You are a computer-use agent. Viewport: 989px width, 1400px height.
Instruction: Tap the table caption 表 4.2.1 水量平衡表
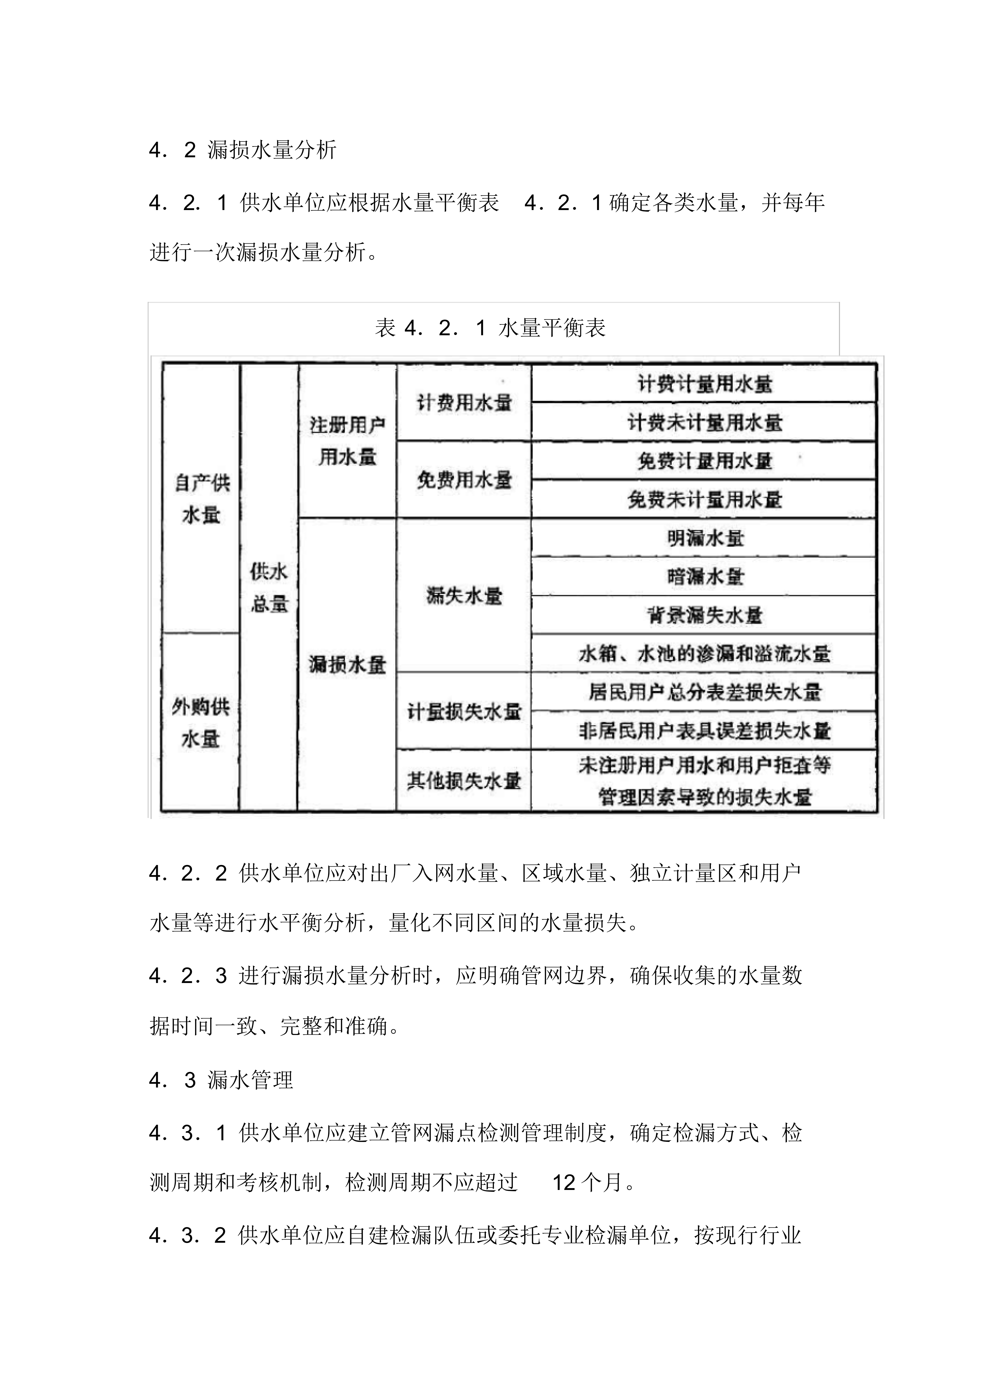[x=490, y=328]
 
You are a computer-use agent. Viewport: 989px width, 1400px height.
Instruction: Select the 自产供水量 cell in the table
[x=201, y=499]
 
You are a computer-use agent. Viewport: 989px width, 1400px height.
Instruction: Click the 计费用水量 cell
[x=464, y=403]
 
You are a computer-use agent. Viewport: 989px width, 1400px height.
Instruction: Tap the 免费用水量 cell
[x=464, y=480]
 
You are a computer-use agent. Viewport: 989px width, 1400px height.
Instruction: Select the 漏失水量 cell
[x=464, y=596]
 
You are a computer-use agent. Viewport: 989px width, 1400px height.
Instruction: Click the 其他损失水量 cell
[x=464, y=780]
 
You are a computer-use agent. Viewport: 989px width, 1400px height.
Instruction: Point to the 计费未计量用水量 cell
[x=704, y=422]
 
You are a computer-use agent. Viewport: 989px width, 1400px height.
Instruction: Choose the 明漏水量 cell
[x=704, y=538]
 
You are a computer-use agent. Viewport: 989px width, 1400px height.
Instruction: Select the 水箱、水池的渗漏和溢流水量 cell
[x=704, y=654]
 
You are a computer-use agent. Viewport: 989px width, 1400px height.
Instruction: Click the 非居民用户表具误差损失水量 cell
[x=704, y=731]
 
